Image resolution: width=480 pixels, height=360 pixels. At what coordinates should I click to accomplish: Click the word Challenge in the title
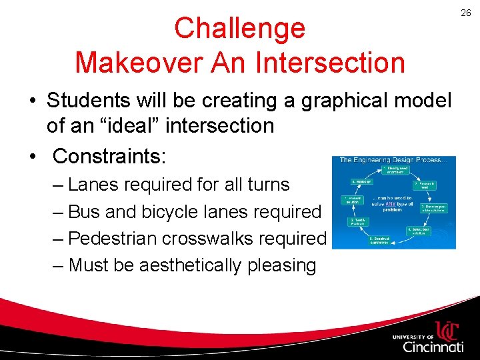239,29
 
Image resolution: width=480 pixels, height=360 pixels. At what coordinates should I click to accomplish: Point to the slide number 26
465,12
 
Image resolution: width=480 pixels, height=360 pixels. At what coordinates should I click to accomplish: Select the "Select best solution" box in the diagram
419,230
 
